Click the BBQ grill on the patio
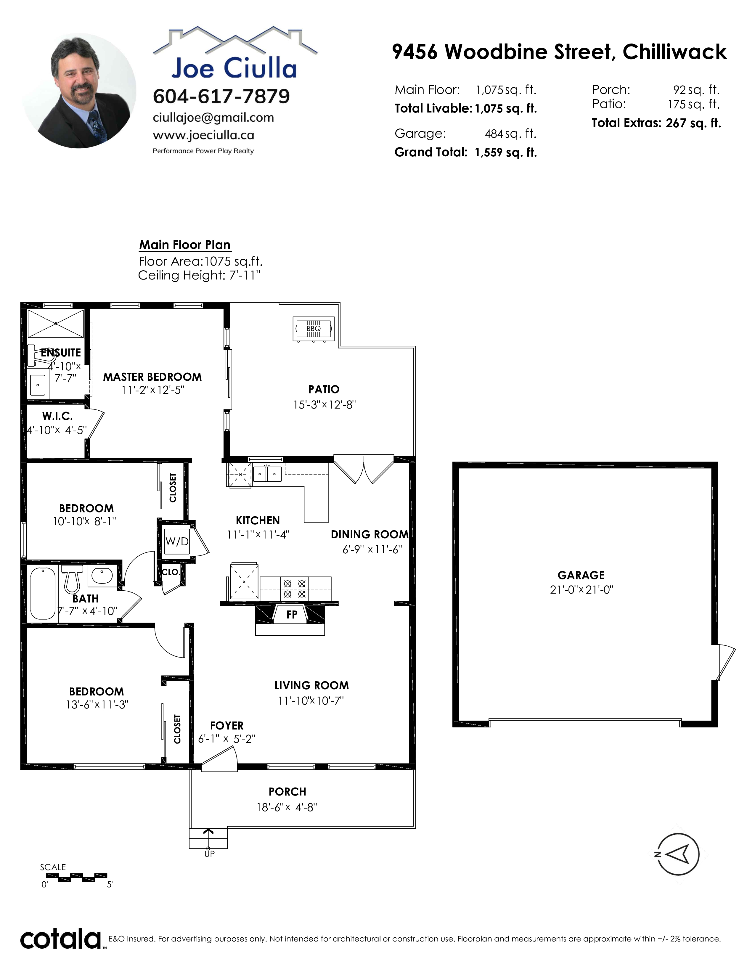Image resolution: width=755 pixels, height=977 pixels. coord(314,329)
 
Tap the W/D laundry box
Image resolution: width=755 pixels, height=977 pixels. coord(177,542)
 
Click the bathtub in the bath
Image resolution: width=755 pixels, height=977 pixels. coord(43,593)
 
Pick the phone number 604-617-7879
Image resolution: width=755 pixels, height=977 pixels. coord(221,96)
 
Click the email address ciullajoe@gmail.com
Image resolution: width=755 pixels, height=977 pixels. coord(213,118)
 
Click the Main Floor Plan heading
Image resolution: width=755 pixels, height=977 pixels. coord(185,245)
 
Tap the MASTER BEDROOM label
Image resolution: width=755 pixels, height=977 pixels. coord(152,377)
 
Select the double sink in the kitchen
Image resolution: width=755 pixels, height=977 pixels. coord(267,474)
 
